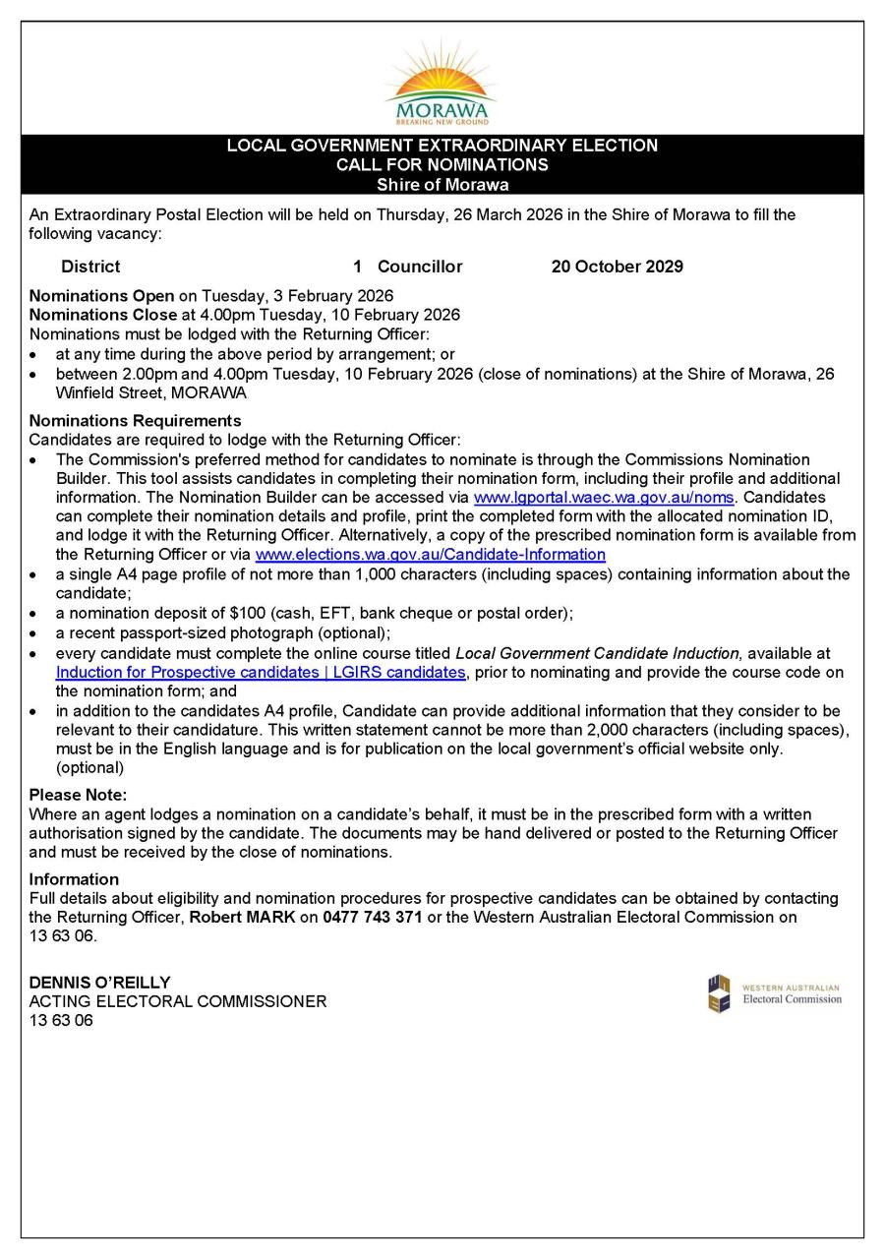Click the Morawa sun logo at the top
[442, 85]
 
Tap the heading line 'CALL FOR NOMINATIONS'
[442, 164]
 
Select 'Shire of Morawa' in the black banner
[442, 184]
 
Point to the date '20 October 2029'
[617, 267]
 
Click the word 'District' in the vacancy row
[90, 267]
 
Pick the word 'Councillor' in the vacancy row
[420, 267]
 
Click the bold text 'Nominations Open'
[101, 296]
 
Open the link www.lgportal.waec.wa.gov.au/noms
[604, 498]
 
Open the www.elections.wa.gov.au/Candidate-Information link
[430, 555]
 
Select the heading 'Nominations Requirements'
[135, 421]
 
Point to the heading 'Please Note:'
[78, 795]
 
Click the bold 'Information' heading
[74, 879]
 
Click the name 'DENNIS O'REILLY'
[99, 983]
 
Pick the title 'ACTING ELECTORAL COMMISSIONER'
[178, 1001]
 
